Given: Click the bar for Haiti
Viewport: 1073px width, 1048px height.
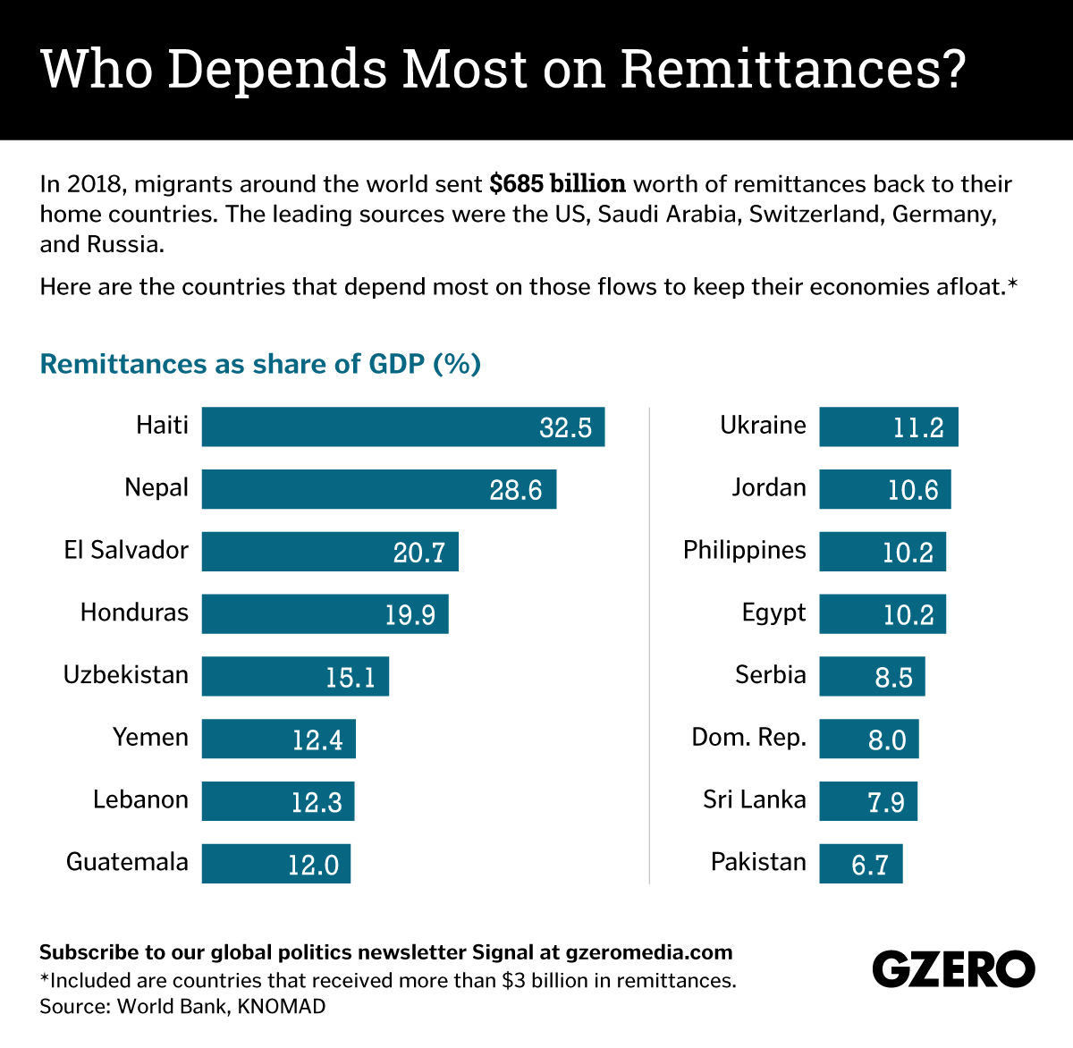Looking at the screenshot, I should (402, 427).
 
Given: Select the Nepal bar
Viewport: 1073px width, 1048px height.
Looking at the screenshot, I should (378, 489).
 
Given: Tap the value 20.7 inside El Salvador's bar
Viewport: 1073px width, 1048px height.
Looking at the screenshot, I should (418, 553).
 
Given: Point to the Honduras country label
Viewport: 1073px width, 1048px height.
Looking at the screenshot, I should (134, 613).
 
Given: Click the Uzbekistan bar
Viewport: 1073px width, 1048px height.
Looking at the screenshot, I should (295, 676).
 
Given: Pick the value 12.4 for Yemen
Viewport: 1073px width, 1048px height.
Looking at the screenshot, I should (317, 740).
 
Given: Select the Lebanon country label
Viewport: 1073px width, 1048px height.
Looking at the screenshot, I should (140, 799).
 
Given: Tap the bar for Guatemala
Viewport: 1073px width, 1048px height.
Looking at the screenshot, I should (275, 864).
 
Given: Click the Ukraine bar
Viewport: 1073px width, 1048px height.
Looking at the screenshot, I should (888, 427).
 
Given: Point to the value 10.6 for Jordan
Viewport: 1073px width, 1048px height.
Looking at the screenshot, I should (913, 490).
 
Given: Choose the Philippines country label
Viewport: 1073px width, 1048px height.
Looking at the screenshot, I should (744, 550).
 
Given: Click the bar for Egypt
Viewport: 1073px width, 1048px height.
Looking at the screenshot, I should (882, 614).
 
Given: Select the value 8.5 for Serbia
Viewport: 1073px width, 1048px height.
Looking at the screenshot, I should (893, 678).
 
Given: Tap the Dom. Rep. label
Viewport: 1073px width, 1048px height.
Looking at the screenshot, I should (748, 738).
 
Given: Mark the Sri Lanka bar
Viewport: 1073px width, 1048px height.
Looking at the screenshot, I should (867, 801).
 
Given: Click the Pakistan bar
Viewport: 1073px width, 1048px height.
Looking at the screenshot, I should (860, 864).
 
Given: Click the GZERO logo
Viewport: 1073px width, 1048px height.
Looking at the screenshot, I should (953, 969).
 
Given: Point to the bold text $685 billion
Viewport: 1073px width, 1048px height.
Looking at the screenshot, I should (557, 184).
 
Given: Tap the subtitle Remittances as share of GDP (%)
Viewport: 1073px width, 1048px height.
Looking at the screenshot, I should (260, 364).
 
